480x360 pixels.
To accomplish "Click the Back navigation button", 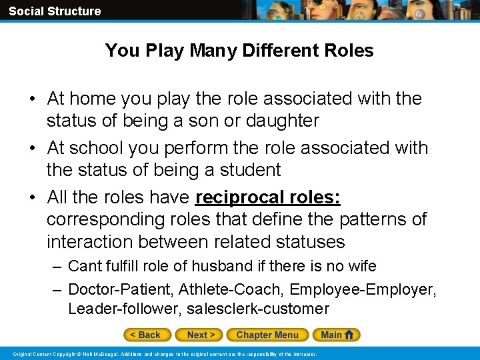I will click(147, 335).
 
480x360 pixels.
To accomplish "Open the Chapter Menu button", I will click(267, 335).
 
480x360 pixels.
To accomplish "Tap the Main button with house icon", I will click(339, 335).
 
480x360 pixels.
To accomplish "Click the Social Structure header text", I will click(55, 11).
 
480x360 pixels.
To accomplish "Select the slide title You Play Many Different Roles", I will click(239, 51).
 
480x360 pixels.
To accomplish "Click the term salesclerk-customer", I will click(258, 309).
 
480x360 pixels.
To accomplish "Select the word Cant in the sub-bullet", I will click(84, 266).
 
